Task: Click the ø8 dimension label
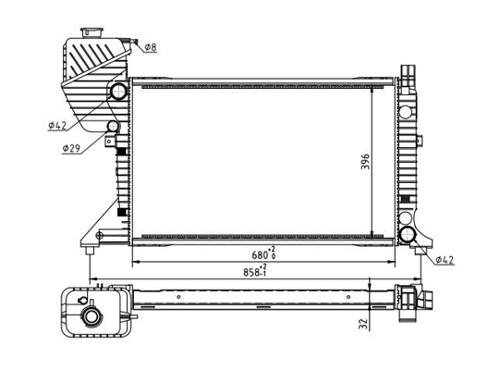pos(150,45)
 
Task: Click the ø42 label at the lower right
pos(445,260)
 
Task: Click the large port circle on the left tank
pos(117,92)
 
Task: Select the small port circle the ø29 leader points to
pos(113,127)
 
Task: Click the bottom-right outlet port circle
pos(409,234)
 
